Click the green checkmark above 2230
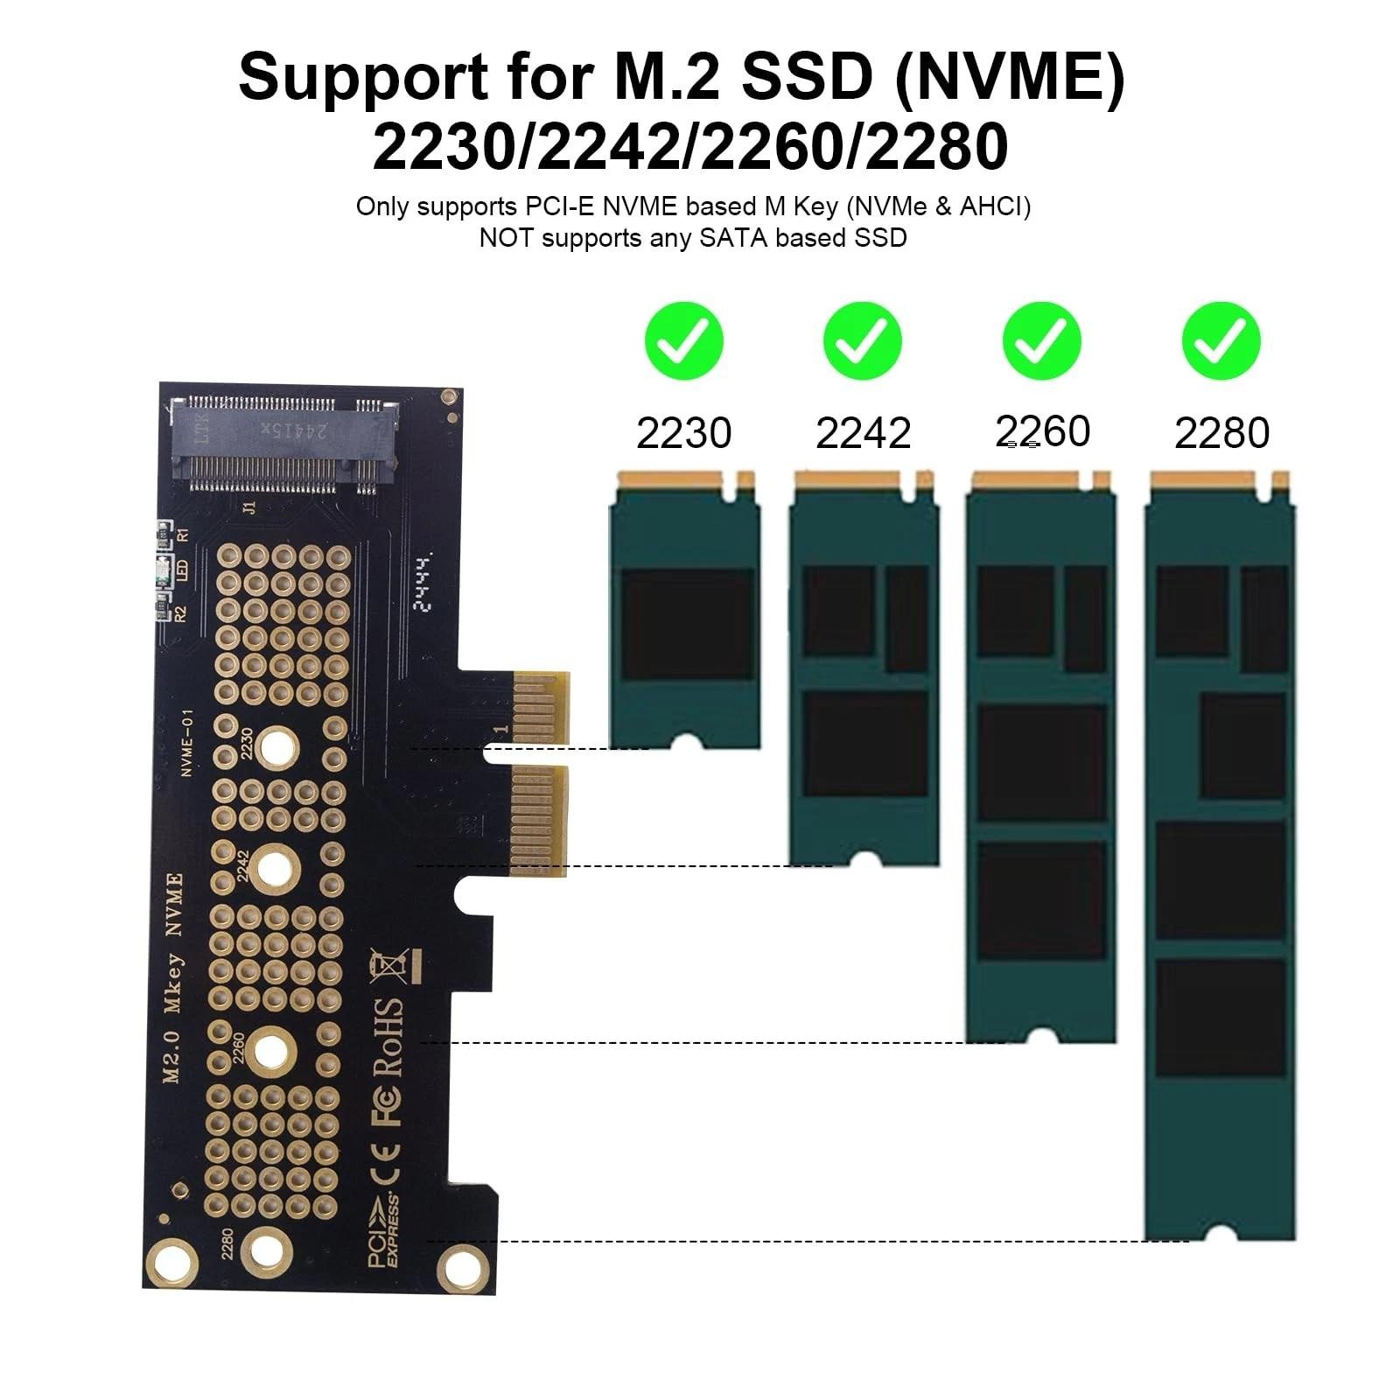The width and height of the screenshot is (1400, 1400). pyautogui.click(x=684, y=341)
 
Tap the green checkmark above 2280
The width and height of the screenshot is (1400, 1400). pyautogui.click(x=1221, y=341)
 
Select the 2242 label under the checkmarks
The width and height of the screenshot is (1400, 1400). pyautogui.click(x=863, y=433)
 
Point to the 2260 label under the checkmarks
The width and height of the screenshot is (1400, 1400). pyautogui.click(x=1043, y=431)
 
